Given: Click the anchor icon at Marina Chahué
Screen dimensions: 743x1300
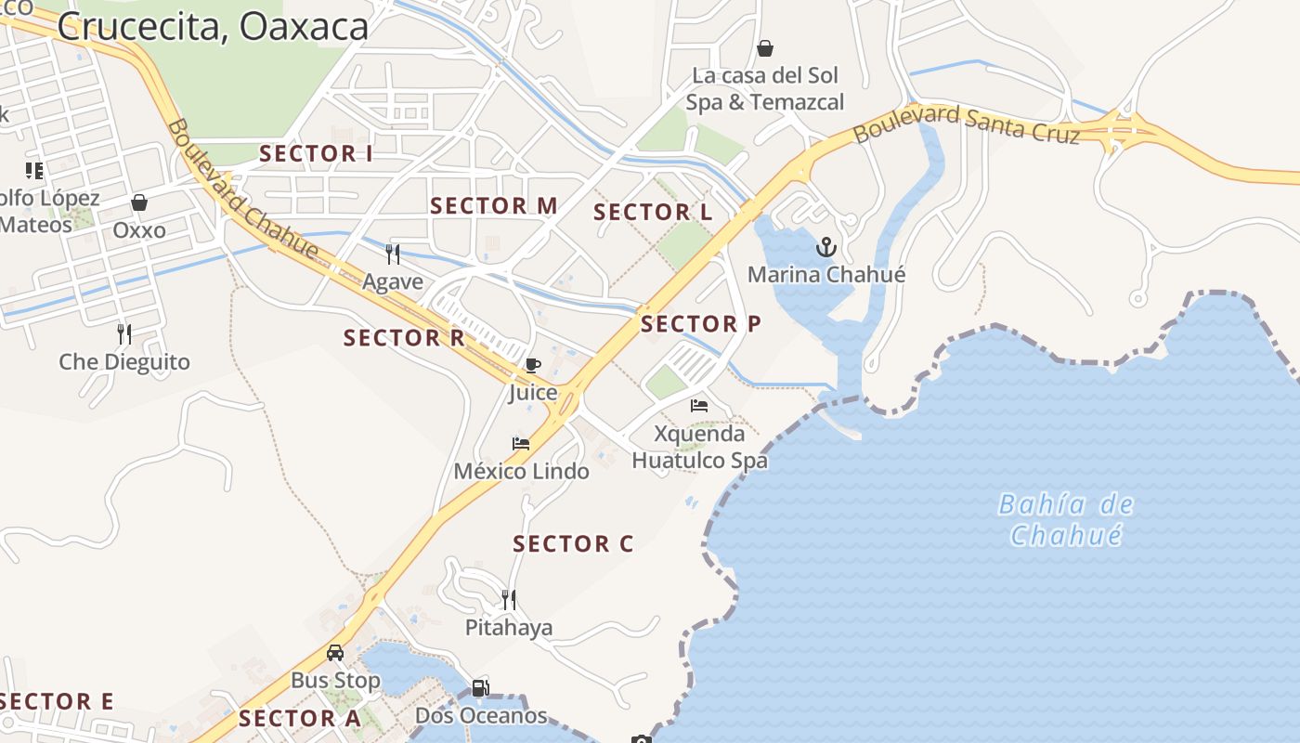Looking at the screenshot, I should [x=826, y=247].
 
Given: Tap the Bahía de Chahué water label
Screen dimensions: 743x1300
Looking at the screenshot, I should [x=1065, y=520].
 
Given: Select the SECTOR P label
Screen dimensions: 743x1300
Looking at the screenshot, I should [x=700, y=324].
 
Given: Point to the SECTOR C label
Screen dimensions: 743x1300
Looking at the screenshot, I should [x=573, y=544].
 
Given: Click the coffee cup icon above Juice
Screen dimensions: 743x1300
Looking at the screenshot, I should [x=532, y=365].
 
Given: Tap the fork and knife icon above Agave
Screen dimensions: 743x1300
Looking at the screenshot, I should [x=393, y=254].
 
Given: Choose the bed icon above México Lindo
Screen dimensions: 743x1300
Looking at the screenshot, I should [x=521, y=444].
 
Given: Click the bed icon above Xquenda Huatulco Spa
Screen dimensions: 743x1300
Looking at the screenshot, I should [x=699, y=406].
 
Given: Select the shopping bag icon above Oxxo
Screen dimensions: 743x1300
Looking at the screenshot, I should [x=139, y=202].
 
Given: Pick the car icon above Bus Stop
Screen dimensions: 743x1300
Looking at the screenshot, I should [x=335, y=653].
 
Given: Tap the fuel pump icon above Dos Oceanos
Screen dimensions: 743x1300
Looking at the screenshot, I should [x=480, y=688].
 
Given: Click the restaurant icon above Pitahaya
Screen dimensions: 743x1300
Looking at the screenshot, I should [x=508, y=600].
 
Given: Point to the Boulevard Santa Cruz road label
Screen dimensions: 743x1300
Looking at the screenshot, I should [x=966, y=124].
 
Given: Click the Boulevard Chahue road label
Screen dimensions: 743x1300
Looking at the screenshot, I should [x=242, y=189].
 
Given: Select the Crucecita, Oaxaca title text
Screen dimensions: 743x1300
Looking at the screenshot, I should [x=213, y=26].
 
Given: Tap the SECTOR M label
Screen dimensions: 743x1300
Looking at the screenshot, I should [x=494, y=206].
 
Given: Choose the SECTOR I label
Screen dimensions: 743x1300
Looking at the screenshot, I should [x=316, y=154].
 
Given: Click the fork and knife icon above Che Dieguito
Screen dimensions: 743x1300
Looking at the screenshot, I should [x=124, y=334].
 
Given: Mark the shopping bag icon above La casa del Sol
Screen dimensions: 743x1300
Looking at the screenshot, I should [x=765, y=48].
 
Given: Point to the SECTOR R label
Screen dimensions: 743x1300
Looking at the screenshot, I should [x=404, y=338].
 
